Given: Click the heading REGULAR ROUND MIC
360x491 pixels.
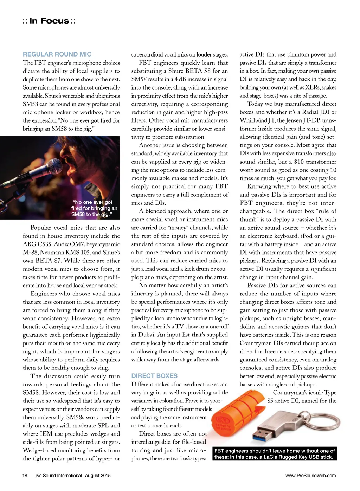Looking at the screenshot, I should point(57,54).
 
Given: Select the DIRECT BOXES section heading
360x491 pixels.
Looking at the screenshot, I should point(154,376).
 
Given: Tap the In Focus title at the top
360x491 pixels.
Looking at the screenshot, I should point(49,21).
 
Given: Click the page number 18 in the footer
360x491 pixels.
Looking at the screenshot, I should point(25,476).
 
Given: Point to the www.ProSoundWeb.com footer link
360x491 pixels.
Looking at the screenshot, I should point(310,476).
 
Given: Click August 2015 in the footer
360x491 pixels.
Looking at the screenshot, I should point(98,476).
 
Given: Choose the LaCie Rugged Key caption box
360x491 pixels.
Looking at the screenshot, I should point(275,454).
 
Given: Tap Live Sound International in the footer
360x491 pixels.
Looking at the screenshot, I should point(58,476).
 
